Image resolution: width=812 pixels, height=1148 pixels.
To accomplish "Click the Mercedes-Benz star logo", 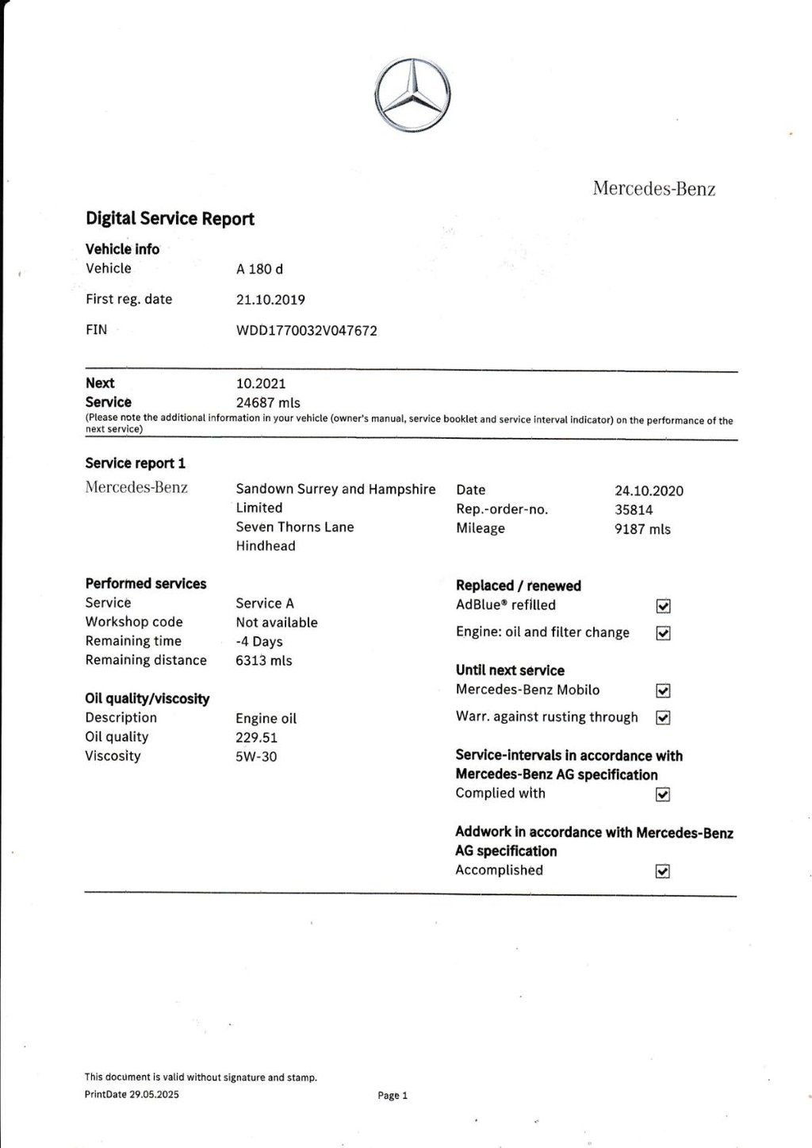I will (412, 95).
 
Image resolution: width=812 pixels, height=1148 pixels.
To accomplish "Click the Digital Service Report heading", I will (170, 219).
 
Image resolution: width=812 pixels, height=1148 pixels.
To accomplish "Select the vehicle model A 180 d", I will (259, 269).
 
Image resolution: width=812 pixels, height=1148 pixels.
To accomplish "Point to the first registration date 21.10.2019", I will (270, 300).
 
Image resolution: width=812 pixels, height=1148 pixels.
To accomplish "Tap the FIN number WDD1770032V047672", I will (306, 331).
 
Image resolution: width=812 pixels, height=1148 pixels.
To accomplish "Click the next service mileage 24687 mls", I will (268, 403).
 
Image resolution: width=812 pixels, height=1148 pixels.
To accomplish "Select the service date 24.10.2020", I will (649, 491).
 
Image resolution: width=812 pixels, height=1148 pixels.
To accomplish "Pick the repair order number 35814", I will (634, 510).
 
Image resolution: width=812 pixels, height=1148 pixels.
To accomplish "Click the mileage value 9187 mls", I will (642, 529).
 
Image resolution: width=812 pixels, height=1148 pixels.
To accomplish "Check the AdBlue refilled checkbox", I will (664, 606).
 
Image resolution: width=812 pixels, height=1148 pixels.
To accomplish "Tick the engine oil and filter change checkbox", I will (664, 633).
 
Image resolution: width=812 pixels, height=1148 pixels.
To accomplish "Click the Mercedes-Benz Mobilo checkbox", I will (664, 691).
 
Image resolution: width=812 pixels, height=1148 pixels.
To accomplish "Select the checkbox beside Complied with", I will (664, 794).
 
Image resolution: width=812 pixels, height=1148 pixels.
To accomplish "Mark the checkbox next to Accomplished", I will (664, 871).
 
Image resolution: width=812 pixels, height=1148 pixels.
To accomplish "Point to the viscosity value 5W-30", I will (256, 757).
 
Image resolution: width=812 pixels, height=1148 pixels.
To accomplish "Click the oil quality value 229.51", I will (256, 738).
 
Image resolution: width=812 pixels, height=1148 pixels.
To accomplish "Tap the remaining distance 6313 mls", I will (263, 661).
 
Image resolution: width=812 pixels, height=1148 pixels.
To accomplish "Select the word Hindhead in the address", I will (266, 546).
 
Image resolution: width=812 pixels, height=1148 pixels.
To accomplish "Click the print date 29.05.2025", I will (154, 1095).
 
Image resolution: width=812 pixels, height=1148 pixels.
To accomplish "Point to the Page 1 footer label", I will (393, 1096).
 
